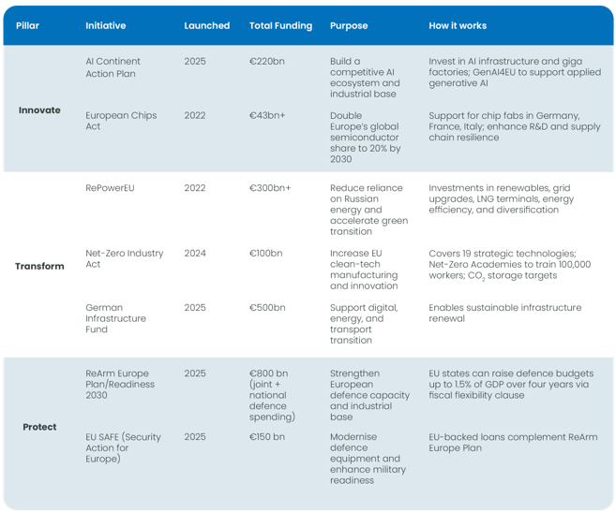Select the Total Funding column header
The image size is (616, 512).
click(x=280, y=25)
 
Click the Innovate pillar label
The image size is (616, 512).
click(x=39, y=110)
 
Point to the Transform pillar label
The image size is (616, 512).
click(x=39, y=266)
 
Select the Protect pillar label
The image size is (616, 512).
click(x=39, y=427)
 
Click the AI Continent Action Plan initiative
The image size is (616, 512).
click(x=113, y=67)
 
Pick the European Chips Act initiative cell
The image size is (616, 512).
click(x=121, y=121)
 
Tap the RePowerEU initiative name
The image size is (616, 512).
click(x=110, y=187)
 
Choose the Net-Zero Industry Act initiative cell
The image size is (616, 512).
click(x=124, y=258)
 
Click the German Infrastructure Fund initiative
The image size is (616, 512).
click(x=116, y=318)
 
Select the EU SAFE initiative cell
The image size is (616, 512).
click(x=123, y=447)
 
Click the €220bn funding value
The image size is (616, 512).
click(x=266, y=61)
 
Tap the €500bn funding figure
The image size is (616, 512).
click(x=267, y=308)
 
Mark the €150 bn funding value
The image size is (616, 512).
click(x=267, y=437)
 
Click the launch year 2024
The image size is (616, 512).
click(x=195, y=253)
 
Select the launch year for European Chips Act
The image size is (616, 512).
click(x=195, y=115)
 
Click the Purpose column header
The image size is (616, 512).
click(x=350, y=25)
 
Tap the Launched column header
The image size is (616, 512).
click(x=206, y=25)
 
